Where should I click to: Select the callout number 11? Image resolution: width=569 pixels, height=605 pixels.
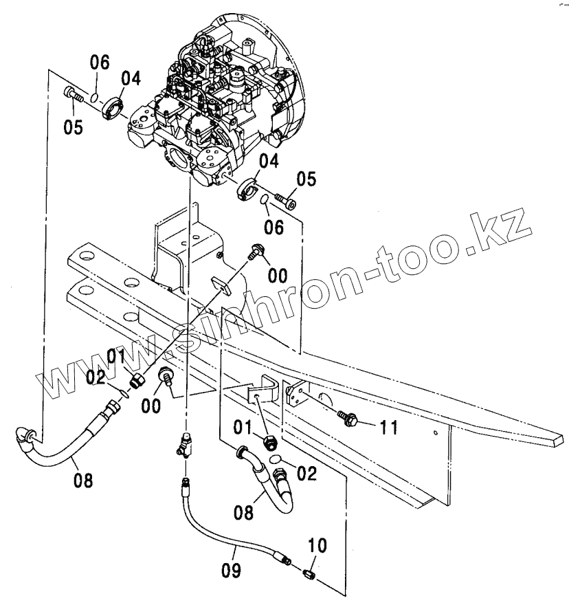(389, 428)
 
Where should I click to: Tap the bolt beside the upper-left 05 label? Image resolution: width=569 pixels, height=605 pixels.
(74, 96)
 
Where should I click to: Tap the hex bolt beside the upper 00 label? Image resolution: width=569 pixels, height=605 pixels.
(255, 251)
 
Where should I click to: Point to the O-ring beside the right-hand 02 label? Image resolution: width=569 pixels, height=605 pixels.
(274, 459)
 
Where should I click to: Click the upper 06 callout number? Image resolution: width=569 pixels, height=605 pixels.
(100, 63)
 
